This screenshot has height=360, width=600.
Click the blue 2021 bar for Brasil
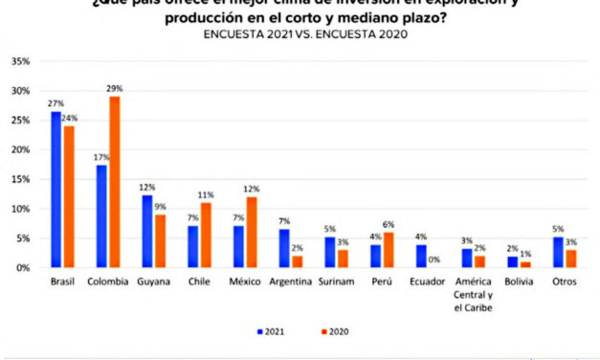56,190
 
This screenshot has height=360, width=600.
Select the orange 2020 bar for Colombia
115,182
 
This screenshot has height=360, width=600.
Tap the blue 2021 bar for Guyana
146,231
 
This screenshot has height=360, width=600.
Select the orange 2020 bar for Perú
388,250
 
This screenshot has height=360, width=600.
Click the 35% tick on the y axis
19,61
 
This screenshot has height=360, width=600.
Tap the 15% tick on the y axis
19,179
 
